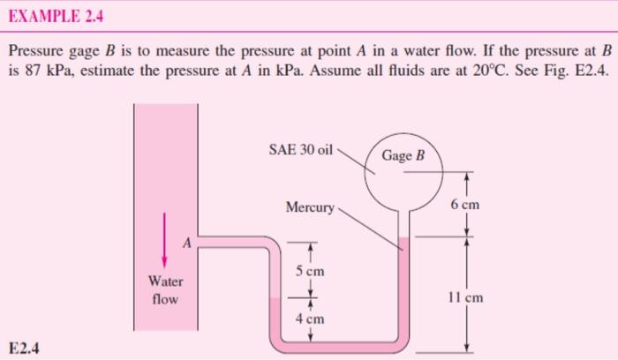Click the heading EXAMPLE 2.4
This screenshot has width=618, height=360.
click(x=54, y=14)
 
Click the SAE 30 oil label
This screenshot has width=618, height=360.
click(x=300, y=150)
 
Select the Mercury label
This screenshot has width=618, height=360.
click(x=310, y=208)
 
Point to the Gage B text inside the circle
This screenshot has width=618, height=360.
click(x=404, y=157)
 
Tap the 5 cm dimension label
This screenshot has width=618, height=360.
click(x=313, y=271)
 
